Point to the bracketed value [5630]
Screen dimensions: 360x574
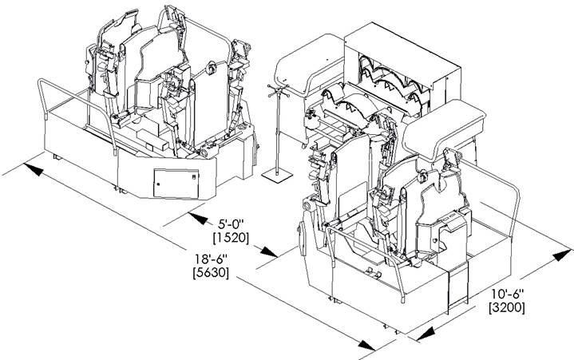coord(210,274)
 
